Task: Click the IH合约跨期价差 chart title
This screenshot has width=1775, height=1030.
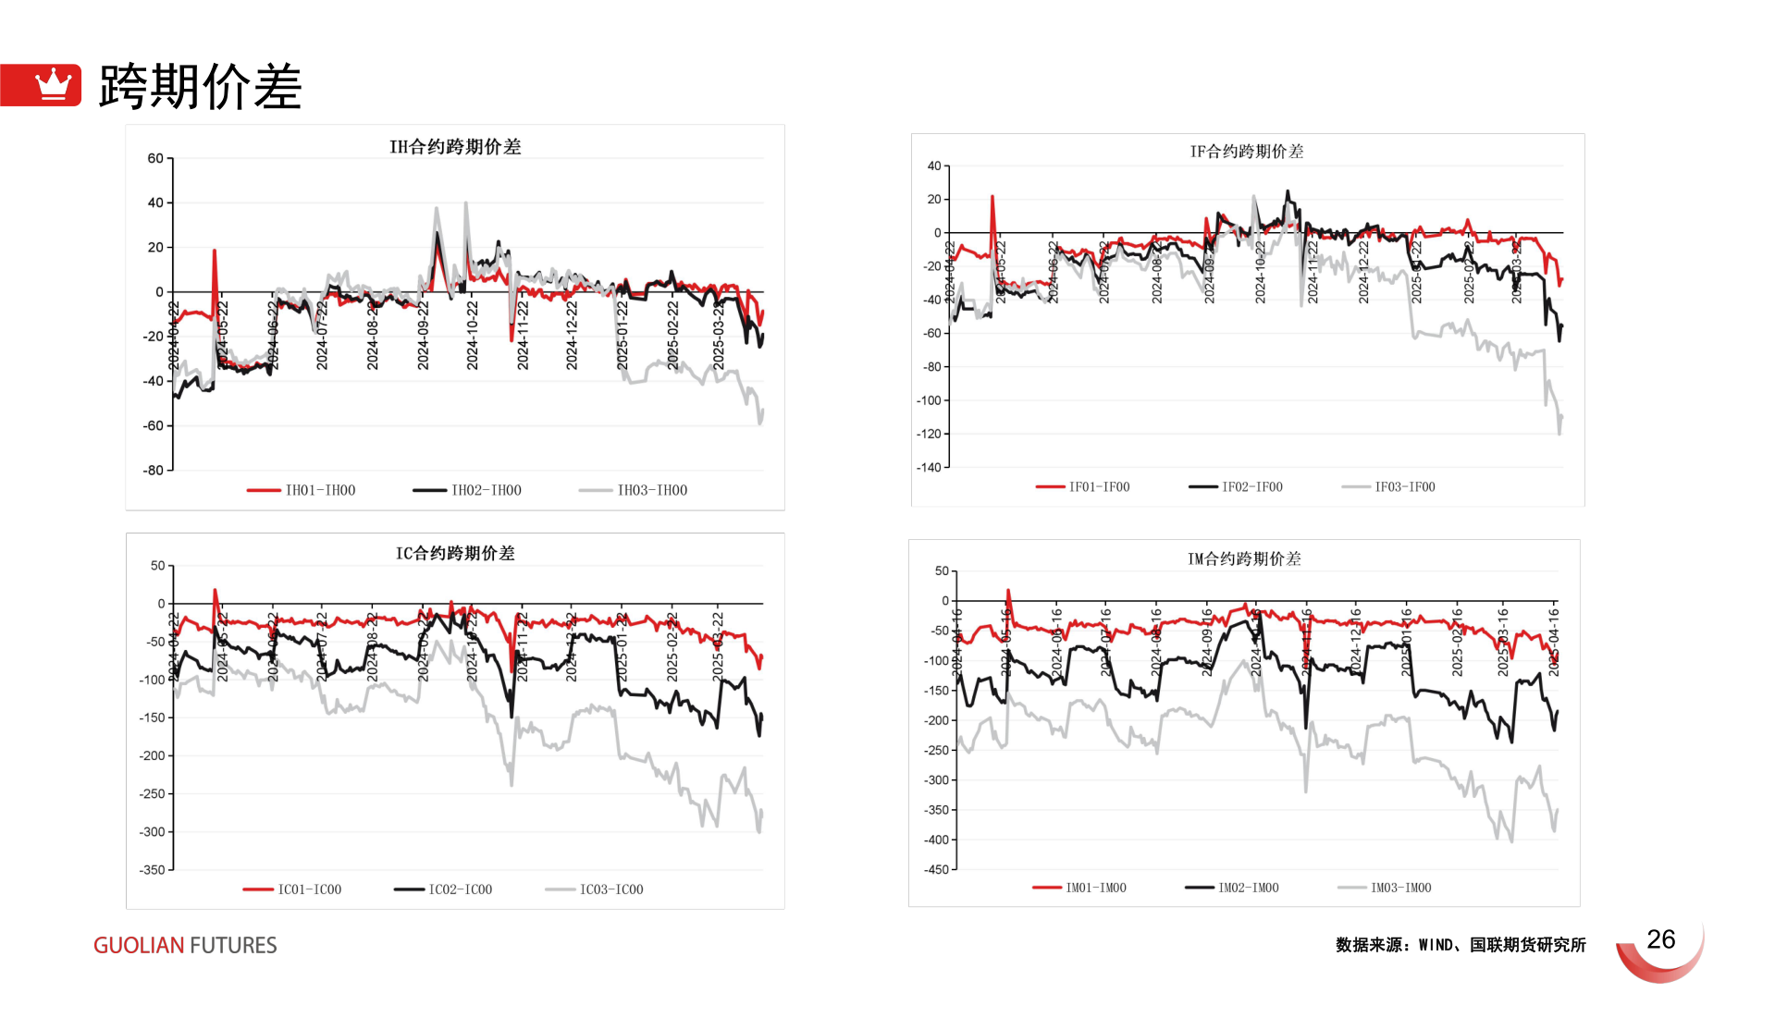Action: [x=455, y=147]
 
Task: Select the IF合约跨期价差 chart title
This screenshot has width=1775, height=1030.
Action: [x=1246, y=152]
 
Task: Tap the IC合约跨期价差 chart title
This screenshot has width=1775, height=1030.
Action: [x=455, y=554]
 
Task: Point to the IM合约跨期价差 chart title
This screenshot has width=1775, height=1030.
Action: [x=1244, y=559]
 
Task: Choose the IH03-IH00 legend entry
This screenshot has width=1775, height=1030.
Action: [x=651, y=490]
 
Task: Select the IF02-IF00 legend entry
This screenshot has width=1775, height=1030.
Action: [x=1251, y=487]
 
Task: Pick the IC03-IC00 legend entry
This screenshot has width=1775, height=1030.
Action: [x=610, y=889]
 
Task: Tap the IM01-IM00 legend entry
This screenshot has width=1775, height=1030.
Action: [x=1095, y=888]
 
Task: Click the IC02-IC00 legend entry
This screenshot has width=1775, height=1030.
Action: [x=460, y=889]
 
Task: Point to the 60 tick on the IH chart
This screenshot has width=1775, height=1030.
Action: [x=155, y=158]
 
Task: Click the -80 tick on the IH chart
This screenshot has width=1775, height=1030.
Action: [x=153, y=471]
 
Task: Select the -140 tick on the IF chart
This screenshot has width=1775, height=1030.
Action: [x=929, y=468]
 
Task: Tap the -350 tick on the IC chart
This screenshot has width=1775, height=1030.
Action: [x=152, y=870]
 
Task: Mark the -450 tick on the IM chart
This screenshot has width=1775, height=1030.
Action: [x=936, y=870]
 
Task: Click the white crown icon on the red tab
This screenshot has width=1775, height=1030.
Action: [x=53, y=84]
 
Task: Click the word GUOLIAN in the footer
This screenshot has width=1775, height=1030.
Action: [x=139, y=946]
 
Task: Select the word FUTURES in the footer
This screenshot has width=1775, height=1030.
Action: [x=233, y=946]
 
